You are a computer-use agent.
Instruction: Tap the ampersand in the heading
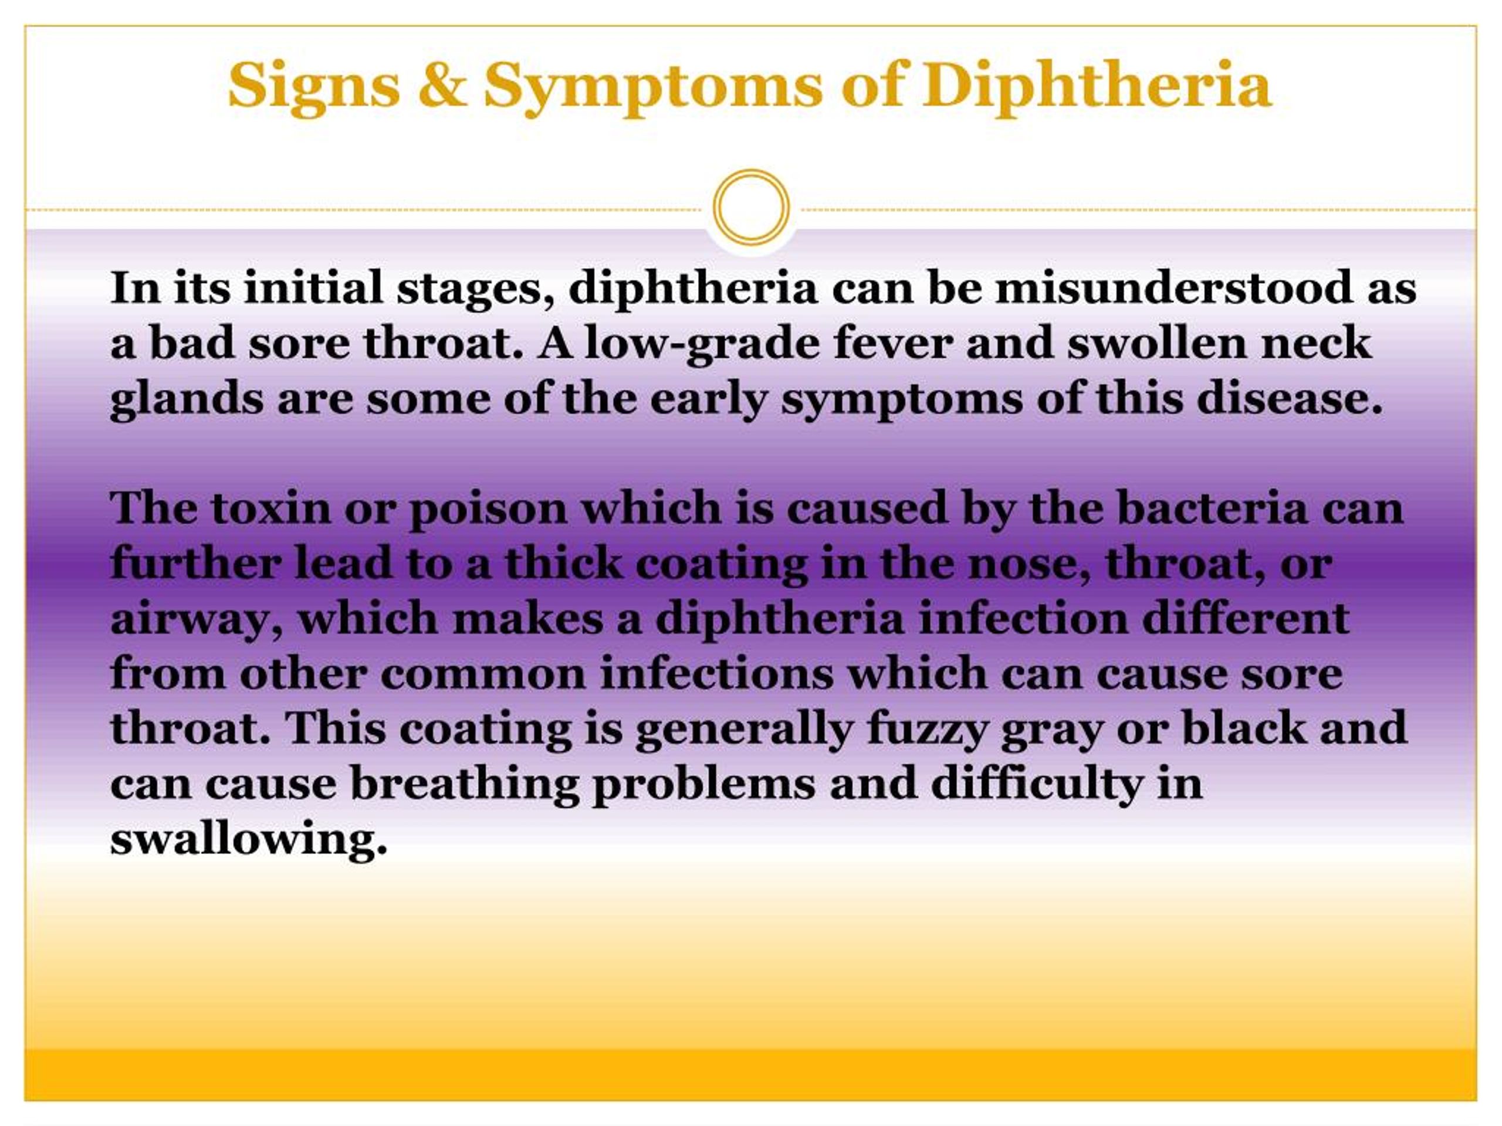(x=442, y=85)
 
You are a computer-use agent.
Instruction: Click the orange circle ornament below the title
(x=751, y=207)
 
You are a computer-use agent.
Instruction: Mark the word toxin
(x=270, y=509)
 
